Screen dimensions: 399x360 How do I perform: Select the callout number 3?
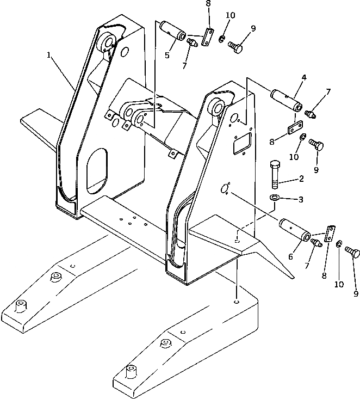click(300, 200)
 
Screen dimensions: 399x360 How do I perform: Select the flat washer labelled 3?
click(275, 197)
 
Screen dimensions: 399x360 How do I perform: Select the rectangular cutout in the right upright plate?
click(240, 144)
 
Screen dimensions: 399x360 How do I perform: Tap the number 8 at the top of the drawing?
click(208, 5)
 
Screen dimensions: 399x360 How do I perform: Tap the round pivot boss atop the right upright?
click(216, 107)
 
